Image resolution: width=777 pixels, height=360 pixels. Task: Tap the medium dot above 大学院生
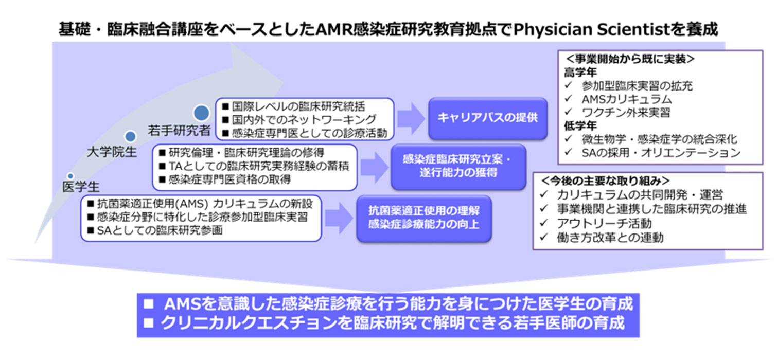(131, 136)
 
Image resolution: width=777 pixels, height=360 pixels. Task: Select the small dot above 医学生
(70, 176)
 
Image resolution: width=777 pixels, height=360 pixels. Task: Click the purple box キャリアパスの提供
(487, 118)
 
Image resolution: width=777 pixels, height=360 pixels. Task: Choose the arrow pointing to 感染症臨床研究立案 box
(374, 167)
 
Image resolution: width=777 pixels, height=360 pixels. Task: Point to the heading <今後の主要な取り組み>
(605, 181)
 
